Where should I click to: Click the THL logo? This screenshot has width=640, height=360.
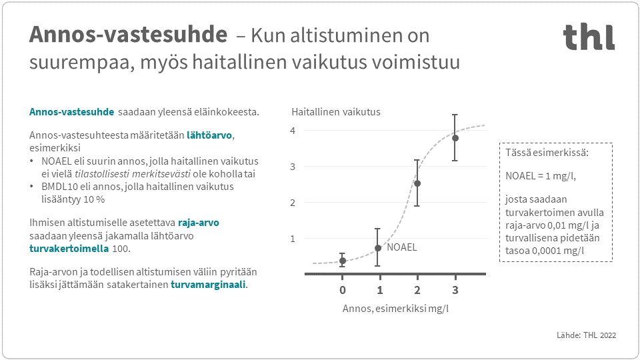coord(589,37)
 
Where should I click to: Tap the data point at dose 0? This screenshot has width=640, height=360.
coord(343,261)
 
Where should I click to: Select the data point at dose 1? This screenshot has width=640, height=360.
coord(378,247)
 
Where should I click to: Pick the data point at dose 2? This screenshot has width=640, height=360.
coord(417,183)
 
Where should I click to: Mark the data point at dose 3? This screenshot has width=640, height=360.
coord(455,138)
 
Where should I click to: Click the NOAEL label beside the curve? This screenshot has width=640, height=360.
coord(402,247)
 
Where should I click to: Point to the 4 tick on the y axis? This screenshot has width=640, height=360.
coord(292,131)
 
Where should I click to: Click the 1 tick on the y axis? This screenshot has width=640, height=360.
coord(292,238)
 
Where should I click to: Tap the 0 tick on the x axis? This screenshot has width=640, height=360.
coord(343,290)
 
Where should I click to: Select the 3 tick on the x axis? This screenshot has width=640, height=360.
coord(455,290)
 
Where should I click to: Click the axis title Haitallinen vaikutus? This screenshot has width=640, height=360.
coord(336,112)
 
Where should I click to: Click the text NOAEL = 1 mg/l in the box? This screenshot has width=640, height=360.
coord(540,175)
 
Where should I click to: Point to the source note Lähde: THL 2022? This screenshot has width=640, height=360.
coord(586,335)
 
